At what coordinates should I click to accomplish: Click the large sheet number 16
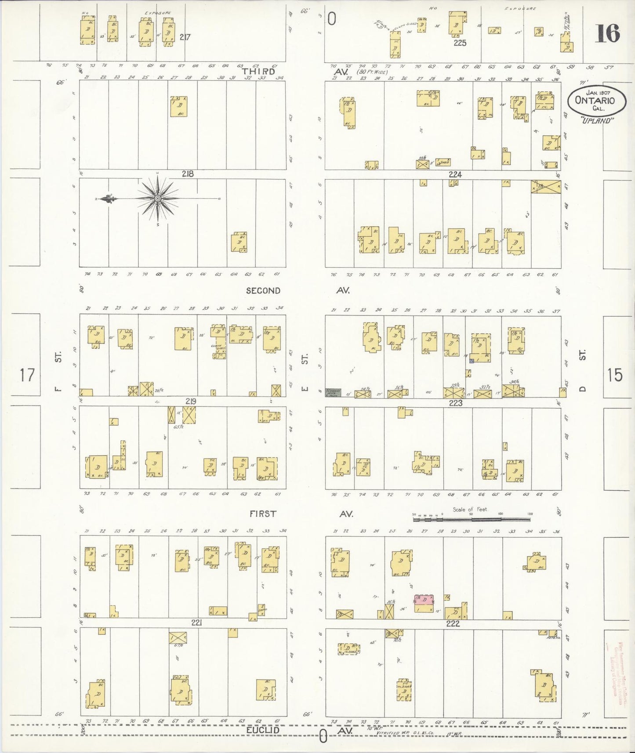[x=607, y=33]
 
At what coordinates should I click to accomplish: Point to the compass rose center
[x=157, y=199]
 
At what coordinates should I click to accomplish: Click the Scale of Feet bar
[x=472, y=519]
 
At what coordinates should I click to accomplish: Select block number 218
[x=188, y=174]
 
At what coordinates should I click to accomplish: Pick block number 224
[x=455, y=174]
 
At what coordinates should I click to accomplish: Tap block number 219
[x=190, y=401]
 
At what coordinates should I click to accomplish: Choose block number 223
[x=455, y=402]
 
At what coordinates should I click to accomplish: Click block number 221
[x=196, y=623]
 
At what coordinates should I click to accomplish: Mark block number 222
[x=453, y=624]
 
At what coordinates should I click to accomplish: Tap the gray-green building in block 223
[x=333, y=393]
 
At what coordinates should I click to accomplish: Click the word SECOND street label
[x=263, y=290]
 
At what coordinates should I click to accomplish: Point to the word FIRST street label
[x=263, y=514]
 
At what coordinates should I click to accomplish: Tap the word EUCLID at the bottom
[x=263, y=730]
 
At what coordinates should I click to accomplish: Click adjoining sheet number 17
[x=26, y=375]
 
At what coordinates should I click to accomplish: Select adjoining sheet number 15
[x=615, y=375]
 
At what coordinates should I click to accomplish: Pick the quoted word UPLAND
[x=597, y=121]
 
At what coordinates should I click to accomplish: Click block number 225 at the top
[x=460, y=43]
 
